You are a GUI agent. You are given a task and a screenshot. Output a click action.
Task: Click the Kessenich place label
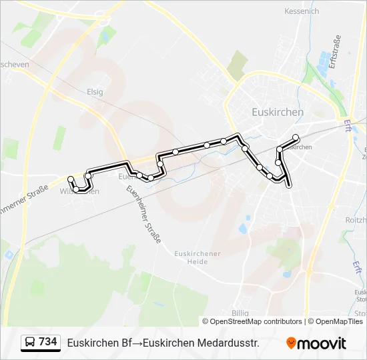coord(302,11)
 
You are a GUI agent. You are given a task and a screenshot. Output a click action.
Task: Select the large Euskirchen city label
coord(278,112)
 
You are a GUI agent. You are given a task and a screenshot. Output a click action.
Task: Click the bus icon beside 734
coord(30,343)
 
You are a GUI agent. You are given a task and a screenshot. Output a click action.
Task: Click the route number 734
coord(48,342)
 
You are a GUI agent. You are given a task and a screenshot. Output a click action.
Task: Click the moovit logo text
coord(322,343)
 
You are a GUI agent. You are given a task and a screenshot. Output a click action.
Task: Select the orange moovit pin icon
coord(291,343)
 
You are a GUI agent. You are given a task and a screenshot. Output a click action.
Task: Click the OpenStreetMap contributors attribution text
coord(252,321)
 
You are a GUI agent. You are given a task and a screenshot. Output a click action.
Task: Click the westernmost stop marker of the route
coord(71,179)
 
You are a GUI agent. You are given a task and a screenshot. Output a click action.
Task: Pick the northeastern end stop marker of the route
coord(296,138)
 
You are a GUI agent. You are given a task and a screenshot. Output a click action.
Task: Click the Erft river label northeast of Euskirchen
coord(348,125)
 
